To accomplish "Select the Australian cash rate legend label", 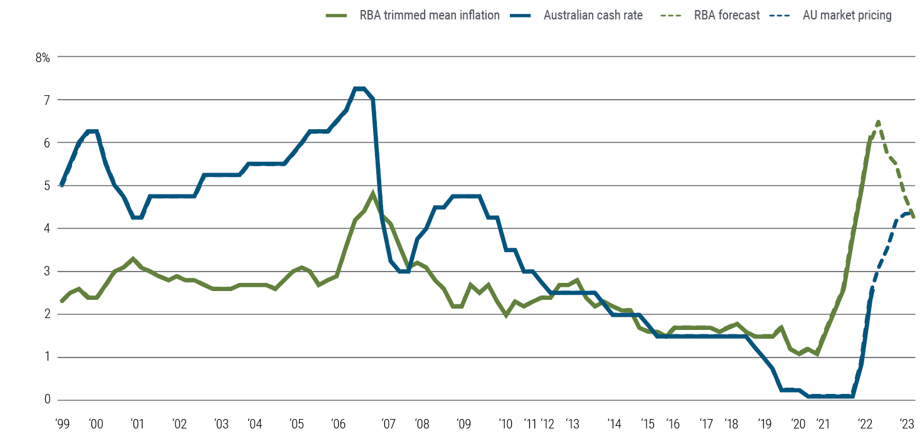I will (x=593, y=16).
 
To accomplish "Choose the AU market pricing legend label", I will (x=847, y=16).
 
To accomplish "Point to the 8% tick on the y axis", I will (x=42, y=57).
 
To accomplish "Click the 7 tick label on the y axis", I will (x=46, y=100).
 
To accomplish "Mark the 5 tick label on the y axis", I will (x=46, y=186).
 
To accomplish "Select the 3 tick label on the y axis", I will (x=46, y=272).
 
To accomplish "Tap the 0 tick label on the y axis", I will (x=46, y=400).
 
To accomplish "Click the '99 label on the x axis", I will (x=61, y=424).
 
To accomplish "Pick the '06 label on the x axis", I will (x=338, y=424).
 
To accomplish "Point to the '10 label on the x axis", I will (x=505, y=424).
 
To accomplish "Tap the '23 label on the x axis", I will (x=907, y=424).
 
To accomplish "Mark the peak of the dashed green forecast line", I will (x=878, y=121).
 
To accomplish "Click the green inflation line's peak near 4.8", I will (x=373, y=193).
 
